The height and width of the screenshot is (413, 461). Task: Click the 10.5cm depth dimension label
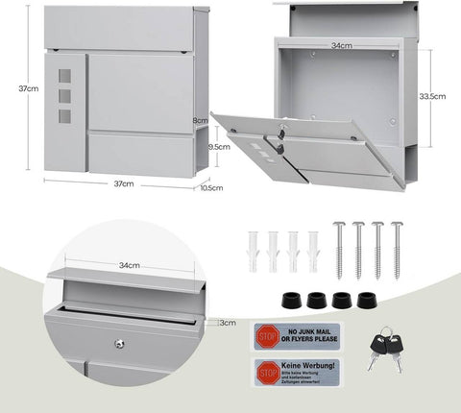212,188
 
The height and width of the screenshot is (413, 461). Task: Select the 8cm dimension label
201,120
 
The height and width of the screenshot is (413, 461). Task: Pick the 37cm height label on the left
29,88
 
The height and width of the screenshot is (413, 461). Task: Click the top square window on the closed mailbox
65,77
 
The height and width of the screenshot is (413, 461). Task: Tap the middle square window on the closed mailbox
65,96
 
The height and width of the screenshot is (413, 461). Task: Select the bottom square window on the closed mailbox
65,115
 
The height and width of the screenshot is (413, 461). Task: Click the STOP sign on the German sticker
266,369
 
